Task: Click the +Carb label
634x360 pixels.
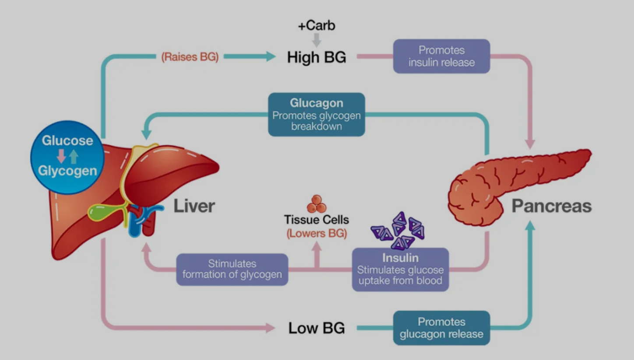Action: (317, 25)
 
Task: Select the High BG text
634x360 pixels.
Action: (317, 57)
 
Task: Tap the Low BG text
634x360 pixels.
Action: (317, 328)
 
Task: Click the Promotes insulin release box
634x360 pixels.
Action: (441, 56)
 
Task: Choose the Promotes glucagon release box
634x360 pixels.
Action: (441, 328)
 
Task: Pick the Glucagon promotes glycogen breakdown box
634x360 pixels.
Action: (317, 114)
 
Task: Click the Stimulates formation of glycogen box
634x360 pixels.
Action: (232, 269)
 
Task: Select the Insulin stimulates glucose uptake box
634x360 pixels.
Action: (400, 269)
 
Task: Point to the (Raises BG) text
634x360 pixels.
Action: (190, 57)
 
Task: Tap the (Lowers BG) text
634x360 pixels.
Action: (317, 233)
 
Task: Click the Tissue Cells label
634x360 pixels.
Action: (317, 219)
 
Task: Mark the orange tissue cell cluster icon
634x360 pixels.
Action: (316, 204)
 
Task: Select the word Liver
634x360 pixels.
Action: (194, 206)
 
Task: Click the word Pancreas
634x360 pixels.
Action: (551, 206)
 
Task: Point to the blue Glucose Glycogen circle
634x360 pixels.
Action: (67, 157)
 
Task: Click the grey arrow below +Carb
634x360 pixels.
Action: (317, 40)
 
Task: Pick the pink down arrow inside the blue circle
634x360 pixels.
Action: (61, 156)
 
